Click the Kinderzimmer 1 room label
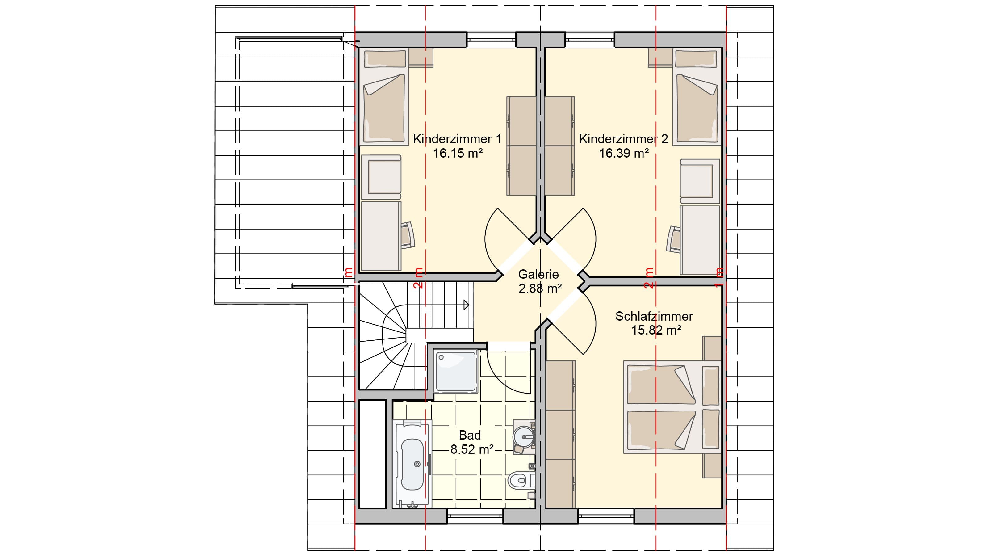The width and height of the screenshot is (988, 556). (x=457, y=139)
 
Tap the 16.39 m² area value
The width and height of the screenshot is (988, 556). (x=624, y=153)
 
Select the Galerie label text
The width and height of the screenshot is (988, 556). (x=538, y=274)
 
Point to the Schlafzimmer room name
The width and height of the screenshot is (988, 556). (x=654, y=316)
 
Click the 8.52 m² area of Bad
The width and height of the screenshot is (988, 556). (x=472, y=449)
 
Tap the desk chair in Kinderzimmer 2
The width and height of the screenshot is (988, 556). (x=674, y=239)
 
